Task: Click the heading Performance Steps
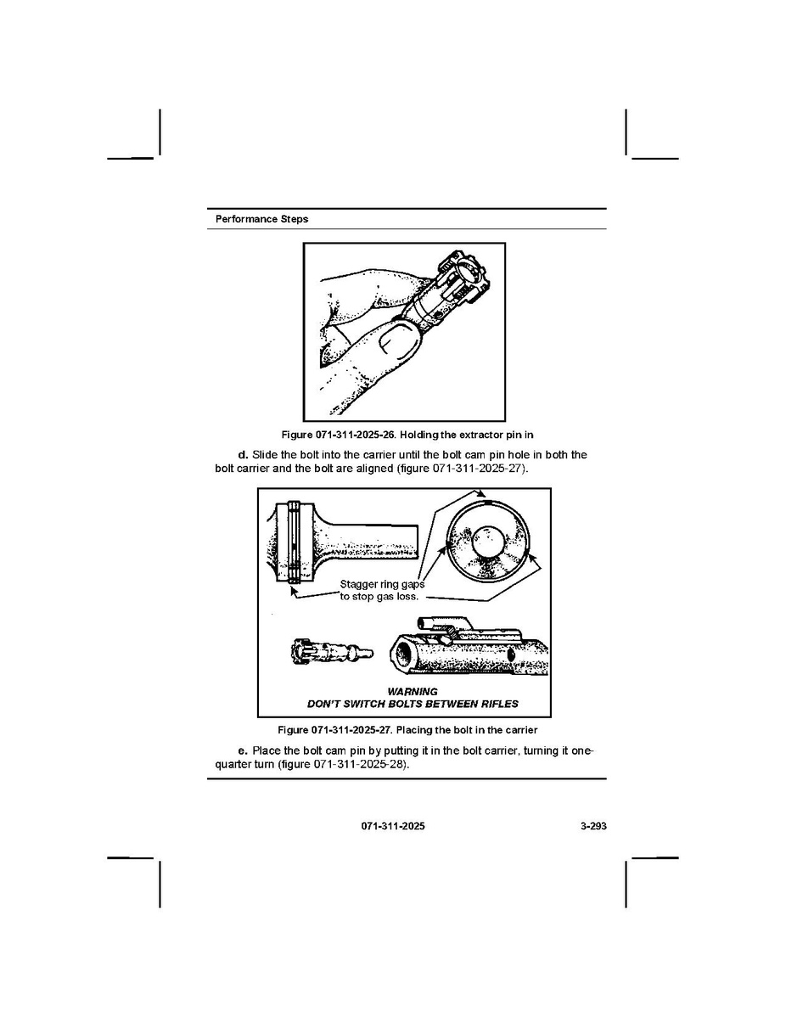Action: tap(261, 219)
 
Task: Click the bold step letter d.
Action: tap(242, 455)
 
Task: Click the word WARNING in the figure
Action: tap(412, 692)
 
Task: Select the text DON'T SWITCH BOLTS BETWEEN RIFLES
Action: tap(412, 705)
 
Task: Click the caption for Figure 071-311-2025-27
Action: tap(407, 730)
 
